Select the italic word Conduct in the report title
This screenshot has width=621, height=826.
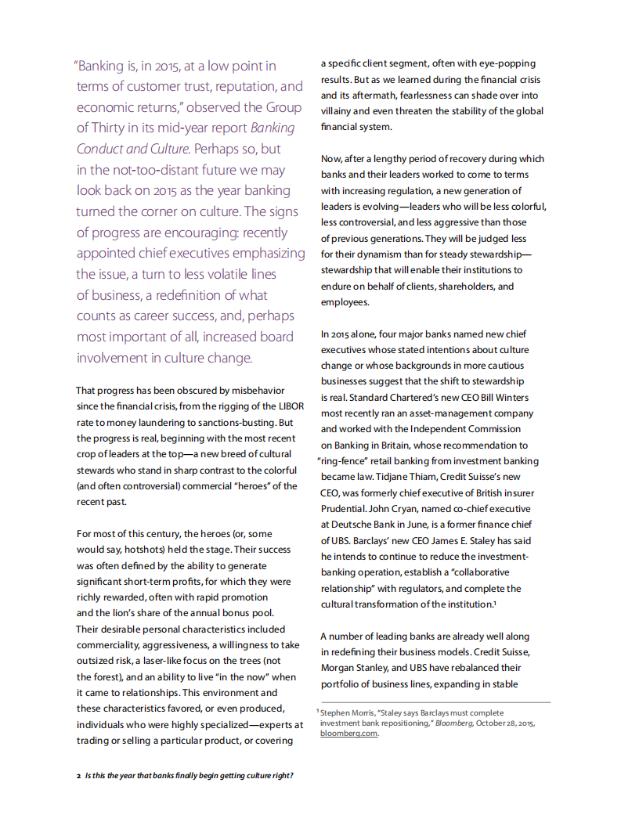[x=105, y=149]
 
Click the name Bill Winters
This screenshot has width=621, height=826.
[x=505, y=397]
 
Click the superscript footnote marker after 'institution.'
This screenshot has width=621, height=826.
[x=495, y=602]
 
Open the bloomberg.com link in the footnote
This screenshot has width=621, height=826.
[x=348, y=734]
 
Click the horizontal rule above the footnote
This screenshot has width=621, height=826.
[x=435, y=702]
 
